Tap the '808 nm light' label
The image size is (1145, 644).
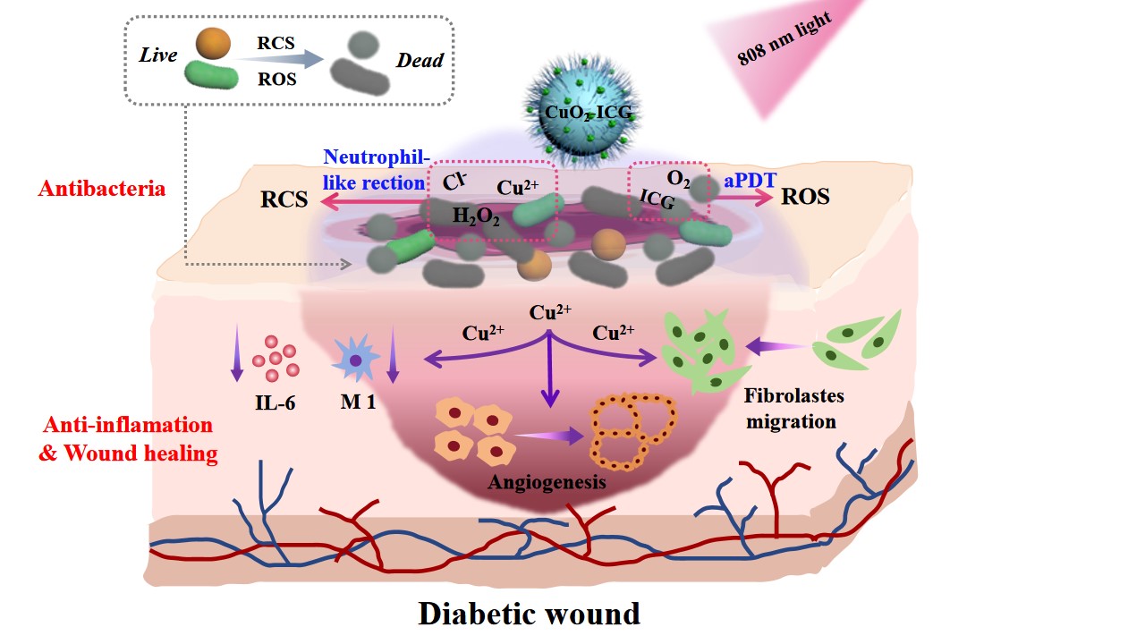(x=787, y=41)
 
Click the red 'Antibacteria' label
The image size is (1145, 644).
(x=101, y=190)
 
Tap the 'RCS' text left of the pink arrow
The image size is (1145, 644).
(x=284, y=199)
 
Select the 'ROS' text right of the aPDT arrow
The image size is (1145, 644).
(x=805, y=196)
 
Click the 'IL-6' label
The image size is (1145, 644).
(x=275, y=403)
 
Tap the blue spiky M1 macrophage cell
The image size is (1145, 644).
(x=356, y=360)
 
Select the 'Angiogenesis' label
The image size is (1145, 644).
(x=547, y=482)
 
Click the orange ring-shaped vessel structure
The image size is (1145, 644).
(x=632, y=429)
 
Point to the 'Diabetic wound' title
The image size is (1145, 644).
(x=529, y=614)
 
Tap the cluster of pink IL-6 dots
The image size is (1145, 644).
(x=275, y=357)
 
